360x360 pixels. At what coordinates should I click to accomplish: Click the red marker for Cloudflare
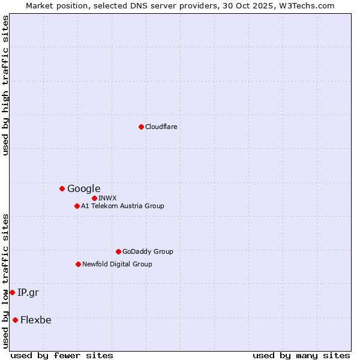pyautogui.click(x=141, y=127)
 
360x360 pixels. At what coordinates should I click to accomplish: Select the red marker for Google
pyautogui.click(x=62, y=188)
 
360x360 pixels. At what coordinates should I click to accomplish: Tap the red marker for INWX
pyautogui.click(x=94, y=198)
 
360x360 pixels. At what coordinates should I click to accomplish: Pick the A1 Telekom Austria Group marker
pyautogui.click(x=77, y=206)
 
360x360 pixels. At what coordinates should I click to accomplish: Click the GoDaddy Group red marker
pyautogui.click(x=118, y=251)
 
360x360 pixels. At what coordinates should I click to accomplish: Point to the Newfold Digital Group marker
pyautogui.click(x=78, y=264)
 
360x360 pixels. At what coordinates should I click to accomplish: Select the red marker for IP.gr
pyautogui.click(x=12, y=292)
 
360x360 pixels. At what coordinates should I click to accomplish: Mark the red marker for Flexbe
pyautogui.click(x=15, y=320)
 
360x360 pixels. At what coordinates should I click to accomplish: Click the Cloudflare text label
pyautogui.click(x=161, y=127)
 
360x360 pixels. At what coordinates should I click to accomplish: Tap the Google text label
pyautogui.click(x=83, y=188)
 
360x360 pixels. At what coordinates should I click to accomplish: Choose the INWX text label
pyautogui.click(x=107, y=198)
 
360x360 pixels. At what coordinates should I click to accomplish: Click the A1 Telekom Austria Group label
pyautogui.click(x=122, y=206)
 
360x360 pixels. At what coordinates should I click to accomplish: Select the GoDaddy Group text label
pyautogui.click(x=148, y=251)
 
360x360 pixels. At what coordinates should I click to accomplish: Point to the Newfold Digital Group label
pyautogui.click(x=117, y=264)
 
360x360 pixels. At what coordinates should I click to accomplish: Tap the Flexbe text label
pyautogui.click(x=35, y=320)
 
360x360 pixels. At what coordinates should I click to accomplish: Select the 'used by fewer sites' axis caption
pyautogui.click(x=62, y=355)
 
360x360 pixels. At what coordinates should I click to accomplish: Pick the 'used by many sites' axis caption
pyautogui.click(x=301, y=355)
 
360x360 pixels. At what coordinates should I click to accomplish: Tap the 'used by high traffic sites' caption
pyautogui.click(x=5, y=85)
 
